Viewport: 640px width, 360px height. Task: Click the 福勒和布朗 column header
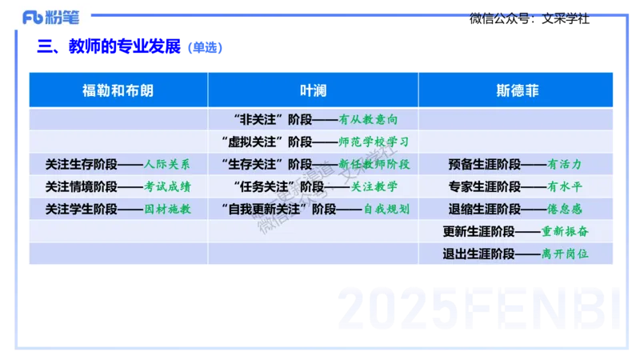point(118,90)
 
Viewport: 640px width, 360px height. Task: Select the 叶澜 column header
point(313,90)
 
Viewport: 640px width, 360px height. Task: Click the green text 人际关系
point(167,165)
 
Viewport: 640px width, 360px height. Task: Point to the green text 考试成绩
point(167,187)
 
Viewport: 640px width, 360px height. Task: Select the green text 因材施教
point(167,210)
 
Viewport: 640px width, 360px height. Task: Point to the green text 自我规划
point(386,210)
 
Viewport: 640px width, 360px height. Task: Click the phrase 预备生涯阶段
point(485,165)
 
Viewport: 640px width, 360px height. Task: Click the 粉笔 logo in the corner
point(53,15)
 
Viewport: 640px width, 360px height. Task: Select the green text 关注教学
point(374,187)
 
